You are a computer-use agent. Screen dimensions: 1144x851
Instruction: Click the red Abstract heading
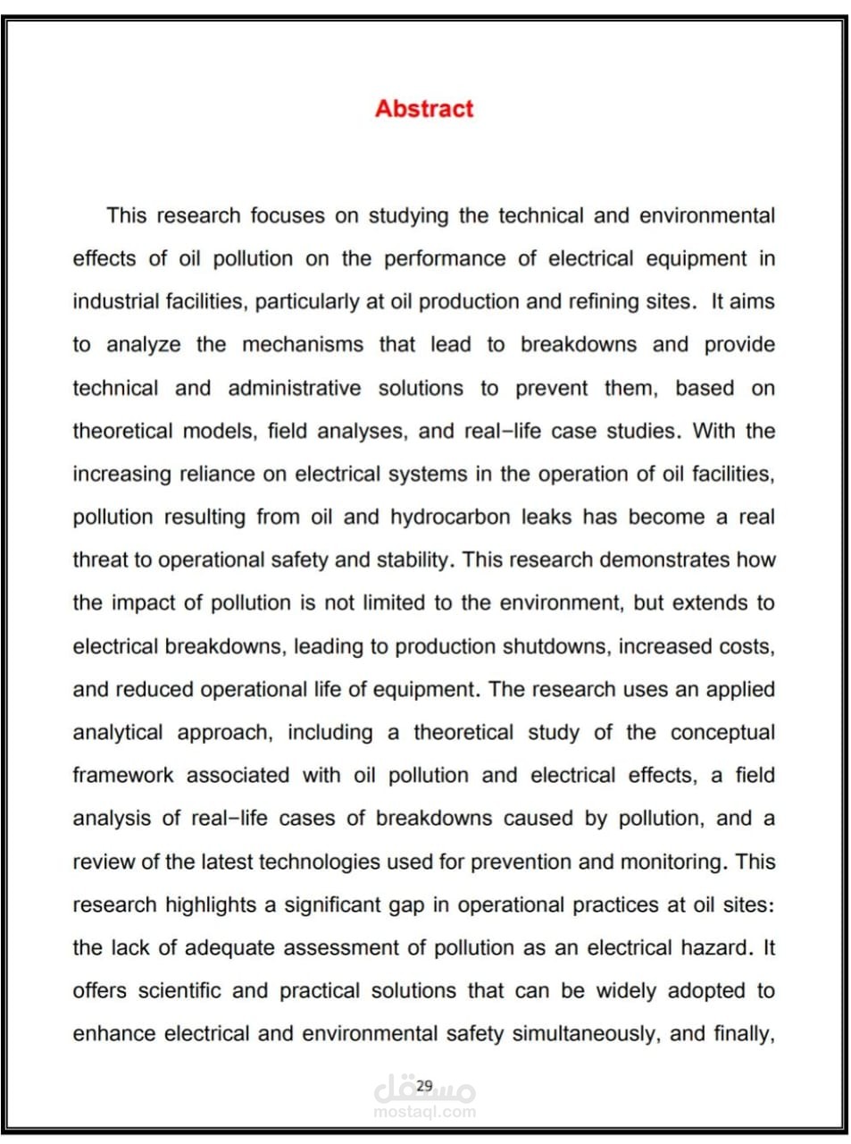point(424,109)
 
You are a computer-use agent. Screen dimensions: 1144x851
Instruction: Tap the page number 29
point(424,1085)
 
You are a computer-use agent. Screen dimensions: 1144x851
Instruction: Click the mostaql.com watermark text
point(424,1112)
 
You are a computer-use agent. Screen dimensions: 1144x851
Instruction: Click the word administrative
point(295,389)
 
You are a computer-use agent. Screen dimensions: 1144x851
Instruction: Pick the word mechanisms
point(303,345)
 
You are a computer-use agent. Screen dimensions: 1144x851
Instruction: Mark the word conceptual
point(722,733)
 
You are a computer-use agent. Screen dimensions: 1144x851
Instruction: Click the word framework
point(123,776)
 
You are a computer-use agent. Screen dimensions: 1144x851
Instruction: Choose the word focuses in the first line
point(288,216)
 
